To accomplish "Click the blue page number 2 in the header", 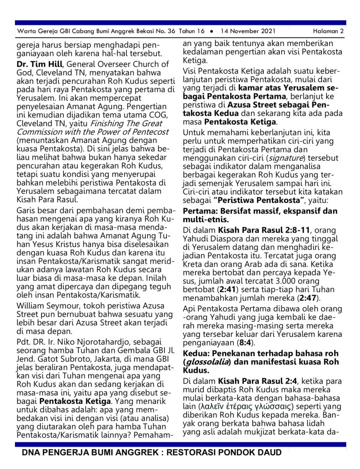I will [343, 31].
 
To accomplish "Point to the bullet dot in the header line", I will [212, 31].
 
